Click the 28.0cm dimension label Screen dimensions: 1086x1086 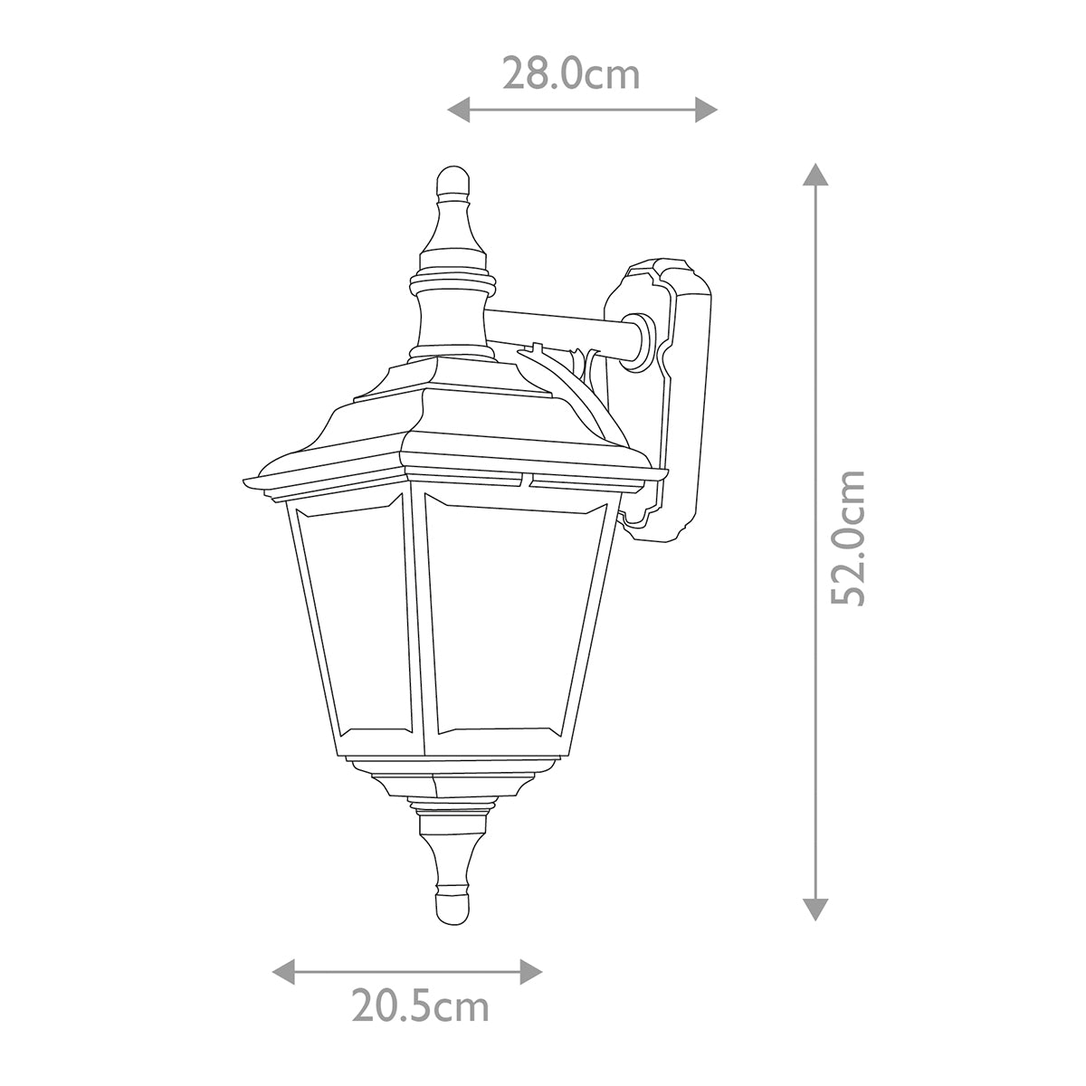(571, 74)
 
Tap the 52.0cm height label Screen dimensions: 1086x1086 (848, 538)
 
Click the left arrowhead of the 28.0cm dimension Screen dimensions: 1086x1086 (459, 110)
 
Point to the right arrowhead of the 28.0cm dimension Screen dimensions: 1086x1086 (706, 110)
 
